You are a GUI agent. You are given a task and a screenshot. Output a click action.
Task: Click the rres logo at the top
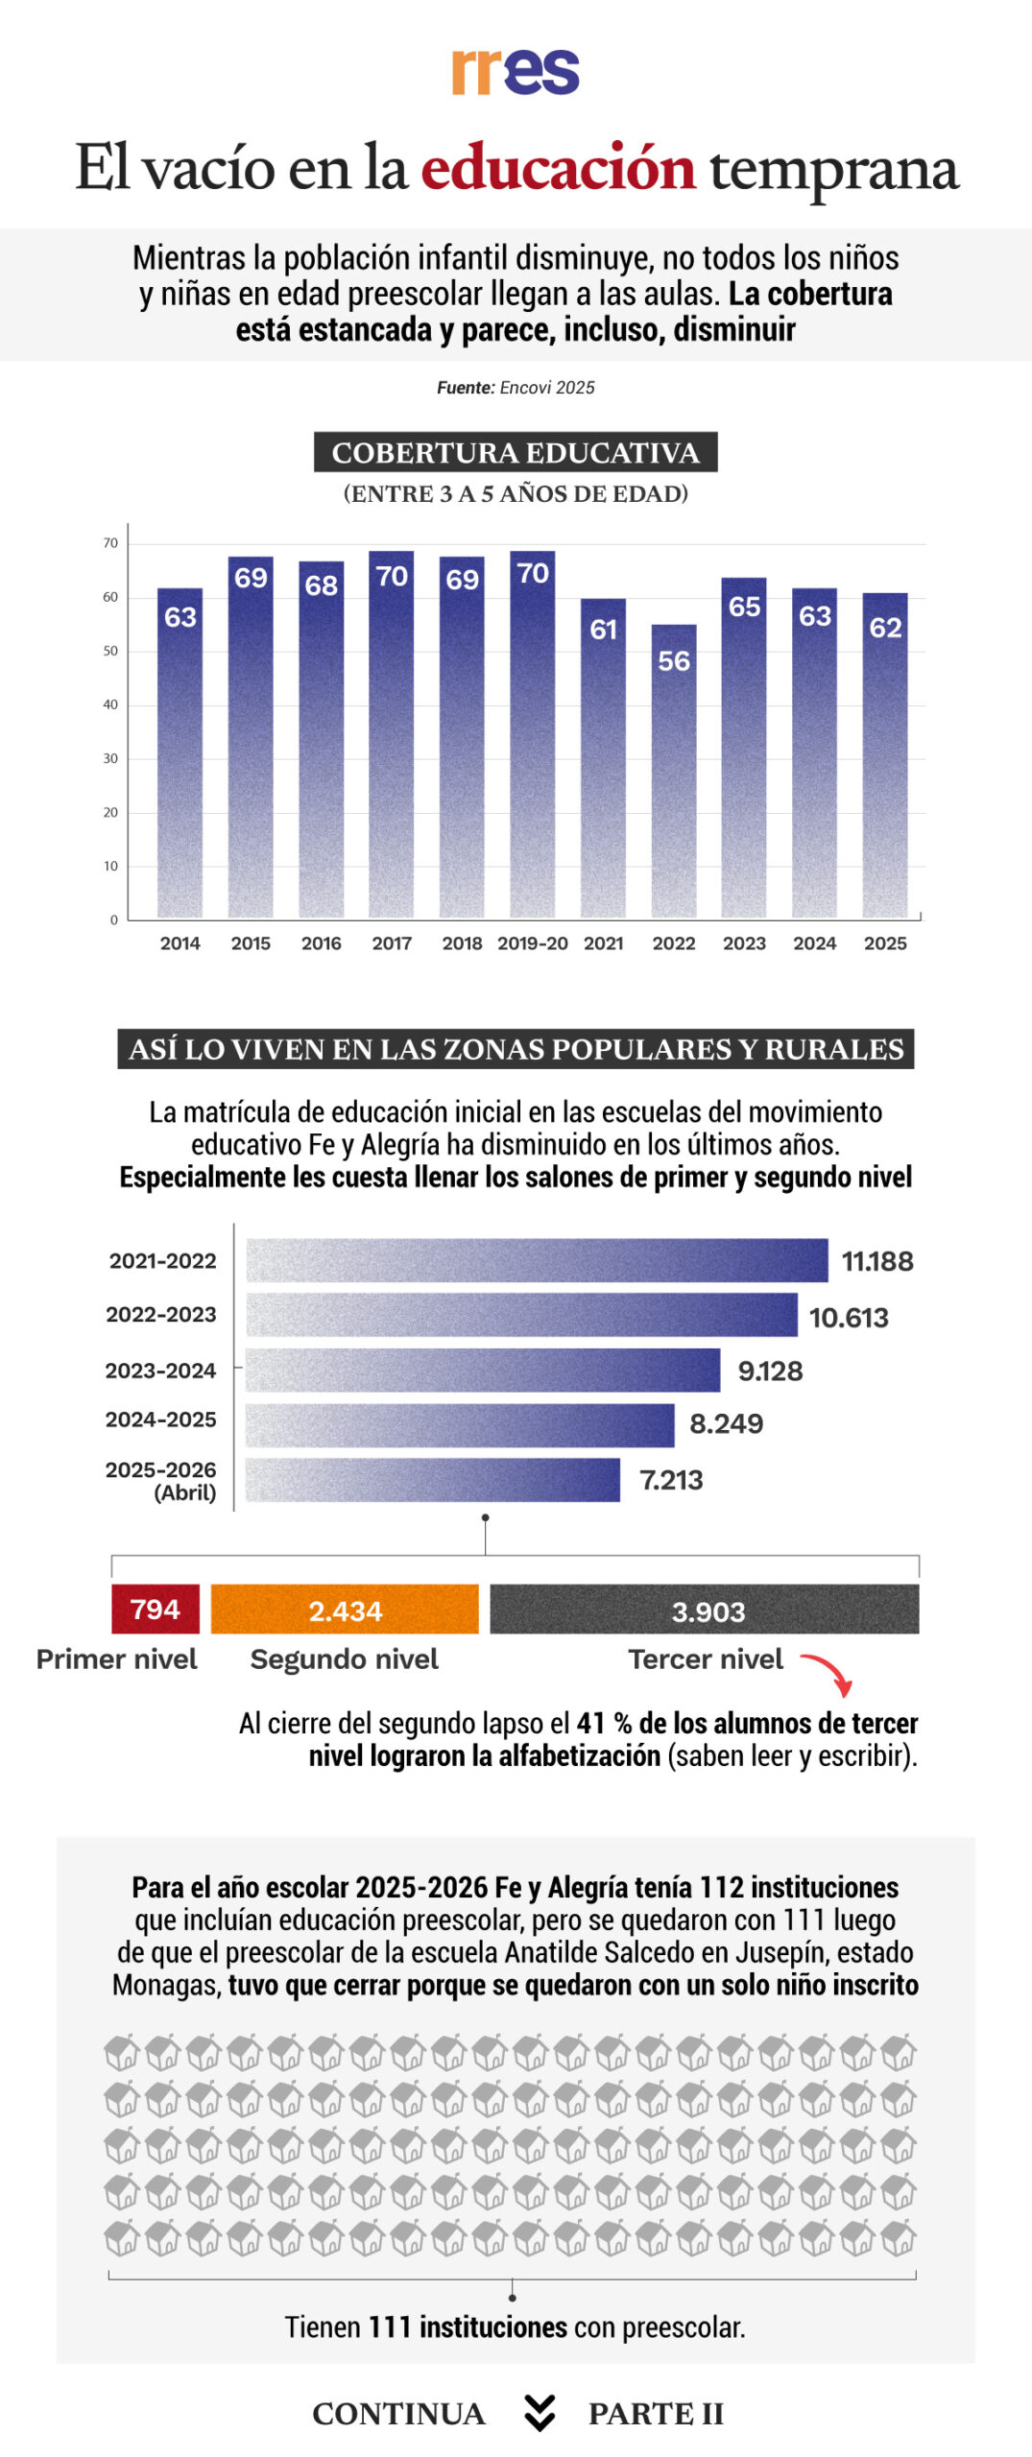click(516, 71)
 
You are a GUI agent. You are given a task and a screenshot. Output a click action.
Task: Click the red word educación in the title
click(558, 167)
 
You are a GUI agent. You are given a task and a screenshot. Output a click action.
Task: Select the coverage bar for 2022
click(674, 771)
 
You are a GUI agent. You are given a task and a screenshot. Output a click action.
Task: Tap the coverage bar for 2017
click(392, 734)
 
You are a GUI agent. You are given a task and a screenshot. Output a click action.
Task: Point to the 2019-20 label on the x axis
click(533, 943)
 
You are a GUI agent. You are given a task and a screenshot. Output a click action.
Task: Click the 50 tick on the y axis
click(111, 651)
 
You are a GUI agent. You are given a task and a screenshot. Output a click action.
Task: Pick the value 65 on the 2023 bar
click(744, 607)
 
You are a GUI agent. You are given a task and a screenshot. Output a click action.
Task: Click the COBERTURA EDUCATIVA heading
click(516, 452)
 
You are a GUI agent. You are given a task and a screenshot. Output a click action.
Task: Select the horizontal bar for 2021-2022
click(538, 1260)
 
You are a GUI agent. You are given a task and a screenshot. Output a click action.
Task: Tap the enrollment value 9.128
click(770, 1371)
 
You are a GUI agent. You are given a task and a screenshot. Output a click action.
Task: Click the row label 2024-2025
click(161, 1419)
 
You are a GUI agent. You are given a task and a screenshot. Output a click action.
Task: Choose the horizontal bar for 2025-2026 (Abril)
click(433, 1480)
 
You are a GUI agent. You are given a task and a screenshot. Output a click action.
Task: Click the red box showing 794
click(156, 1609)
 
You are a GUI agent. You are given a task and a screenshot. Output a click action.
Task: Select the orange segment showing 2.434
click(345, 1610)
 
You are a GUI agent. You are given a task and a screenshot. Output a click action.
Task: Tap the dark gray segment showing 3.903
click(705, 1610)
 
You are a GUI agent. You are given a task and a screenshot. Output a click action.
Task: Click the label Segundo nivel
click(345, 1659)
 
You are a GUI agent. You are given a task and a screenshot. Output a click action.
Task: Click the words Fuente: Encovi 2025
click(516, 388)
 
